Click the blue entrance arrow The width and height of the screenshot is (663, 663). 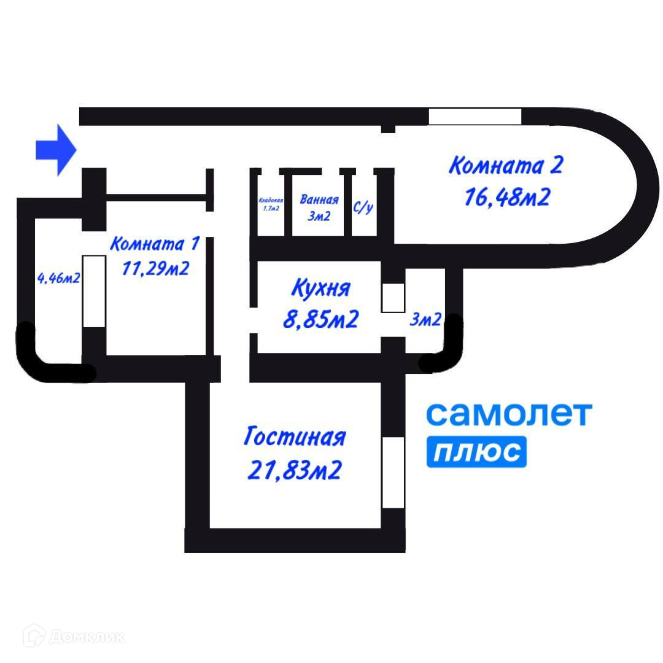pyautogui.click(x=55, y=150)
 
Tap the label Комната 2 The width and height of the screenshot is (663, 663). pyautogui.click(x=506, y=166)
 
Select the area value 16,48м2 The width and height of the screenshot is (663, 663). pyautogui.click(x=507, y=198)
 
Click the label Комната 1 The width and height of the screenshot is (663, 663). pyautogui.click(x=154, y=244)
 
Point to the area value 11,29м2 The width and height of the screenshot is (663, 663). pyautogui.click(x=155, y=269)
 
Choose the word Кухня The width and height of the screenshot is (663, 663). pyautogui.click(x=320, y=288)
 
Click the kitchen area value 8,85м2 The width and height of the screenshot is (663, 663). pyautogui.click(x=320, y=319)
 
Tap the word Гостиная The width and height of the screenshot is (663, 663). pyautogui.click(x=295, y=438)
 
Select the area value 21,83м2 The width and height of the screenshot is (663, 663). pyautogui.click(x=295, y=470)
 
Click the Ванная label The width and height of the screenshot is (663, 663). pyautogui.click(x=319, y=200)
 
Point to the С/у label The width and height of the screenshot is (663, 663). pyautogui.click(x=363, y=207)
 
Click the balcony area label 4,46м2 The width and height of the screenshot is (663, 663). pyautogui.click(x=59, y=279)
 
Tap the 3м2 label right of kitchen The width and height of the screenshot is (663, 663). pyautogui.click(x=425, y=320)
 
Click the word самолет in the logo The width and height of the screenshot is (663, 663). pyautogui.click(x=509, y=414)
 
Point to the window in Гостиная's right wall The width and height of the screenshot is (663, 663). pyautogui.click(x=393, y=472)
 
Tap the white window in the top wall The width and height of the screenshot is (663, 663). pyautogui.click(x=475, y=116)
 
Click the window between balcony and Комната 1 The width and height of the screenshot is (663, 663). pyautogui.click(x=93, y=291)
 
